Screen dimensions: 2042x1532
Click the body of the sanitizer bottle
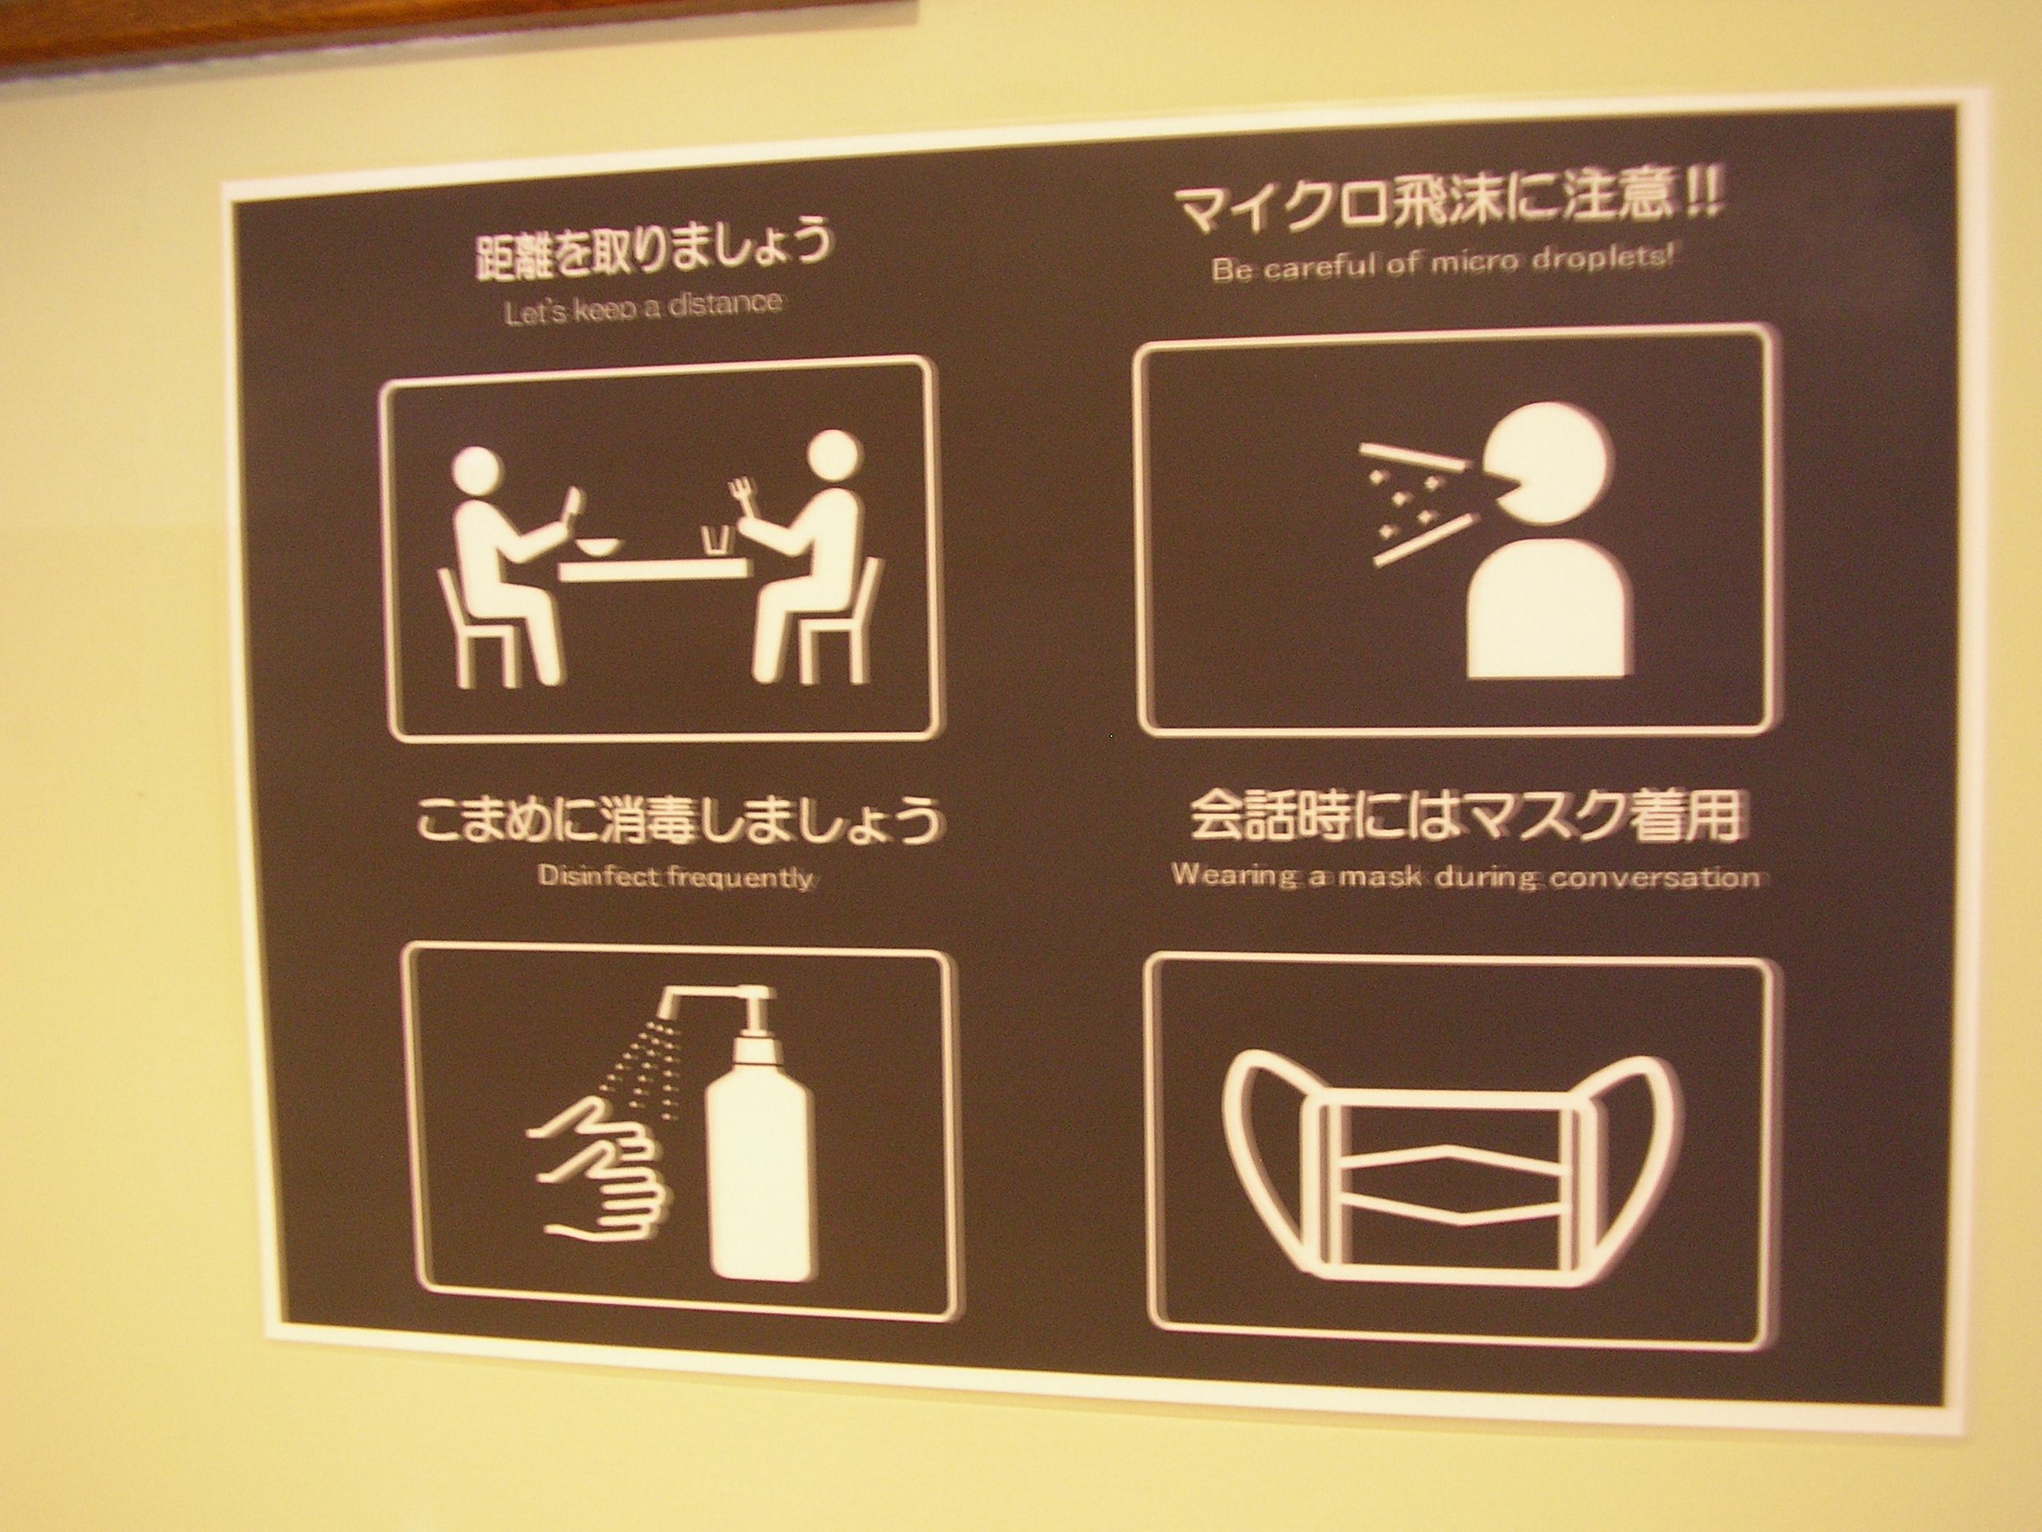(x=759, y=1155)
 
